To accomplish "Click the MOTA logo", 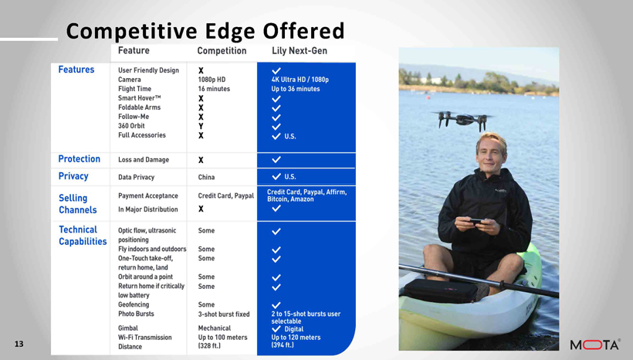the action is [595, 345].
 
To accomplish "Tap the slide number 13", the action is [19, 344].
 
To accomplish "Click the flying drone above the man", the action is [462, 120].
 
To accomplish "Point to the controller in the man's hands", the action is [476, 222].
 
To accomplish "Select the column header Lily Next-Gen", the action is [300, 51].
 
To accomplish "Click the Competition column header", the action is [222, 51].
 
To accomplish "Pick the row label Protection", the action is [79, 159].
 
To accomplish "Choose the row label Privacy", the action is [73, 176].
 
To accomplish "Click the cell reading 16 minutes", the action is [214, 89].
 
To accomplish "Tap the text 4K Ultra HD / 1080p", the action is [300, 80].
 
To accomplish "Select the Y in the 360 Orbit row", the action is [201, 126].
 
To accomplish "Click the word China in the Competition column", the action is [206, 177].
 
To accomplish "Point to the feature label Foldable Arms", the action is [139, 107].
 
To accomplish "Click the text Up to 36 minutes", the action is [296, 89].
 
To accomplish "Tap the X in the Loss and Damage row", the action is [201, 160].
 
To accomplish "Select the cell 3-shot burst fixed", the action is [224, 314].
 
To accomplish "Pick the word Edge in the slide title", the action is [230, 31].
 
